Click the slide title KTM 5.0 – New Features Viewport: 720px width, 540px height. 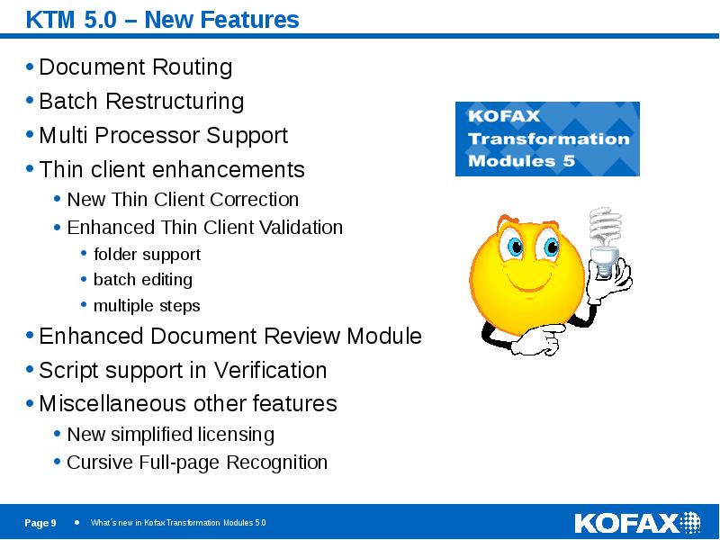pyautogui.click(x=162, y=19)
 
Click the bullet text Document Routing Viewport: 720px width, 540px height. pyautogui.click(x=136, y=67)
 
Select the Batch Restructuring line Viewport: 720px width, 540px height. pyautogui.click(x=141, y=101)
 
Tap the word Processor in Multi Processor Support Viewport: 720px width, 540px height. pyautogui.click(x=152, y=136)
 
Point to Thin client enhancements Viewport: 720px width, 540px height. pyautogui.click(x=172, y=170)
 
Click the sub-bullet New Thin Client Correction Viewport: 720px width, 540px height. pyautogui.click(x=183, y=200)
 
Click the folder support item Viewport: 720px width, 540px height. pyautogui.click(x=147, y=255)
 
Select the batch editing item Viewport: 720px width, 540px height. pyautogui.click(x=142, y=280)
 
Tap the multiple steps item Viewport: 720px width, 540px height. pyautogui.click(x=147, y=306)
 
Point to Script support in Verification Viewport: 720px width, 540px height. pyautogui.click(x=183, y=371)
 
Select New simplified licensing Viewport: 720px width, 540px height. pyautogui.click(x=170, y=435)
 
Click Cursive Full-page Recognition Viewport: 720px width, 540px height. pyautogui.click(x=197, y=463)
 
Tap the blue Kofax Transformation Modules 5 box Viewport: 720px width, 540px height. pyautogui.click(x=547, y=139)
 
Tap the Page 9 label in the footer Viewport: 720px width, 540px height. pyautogui.click(x=40, y=524)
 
